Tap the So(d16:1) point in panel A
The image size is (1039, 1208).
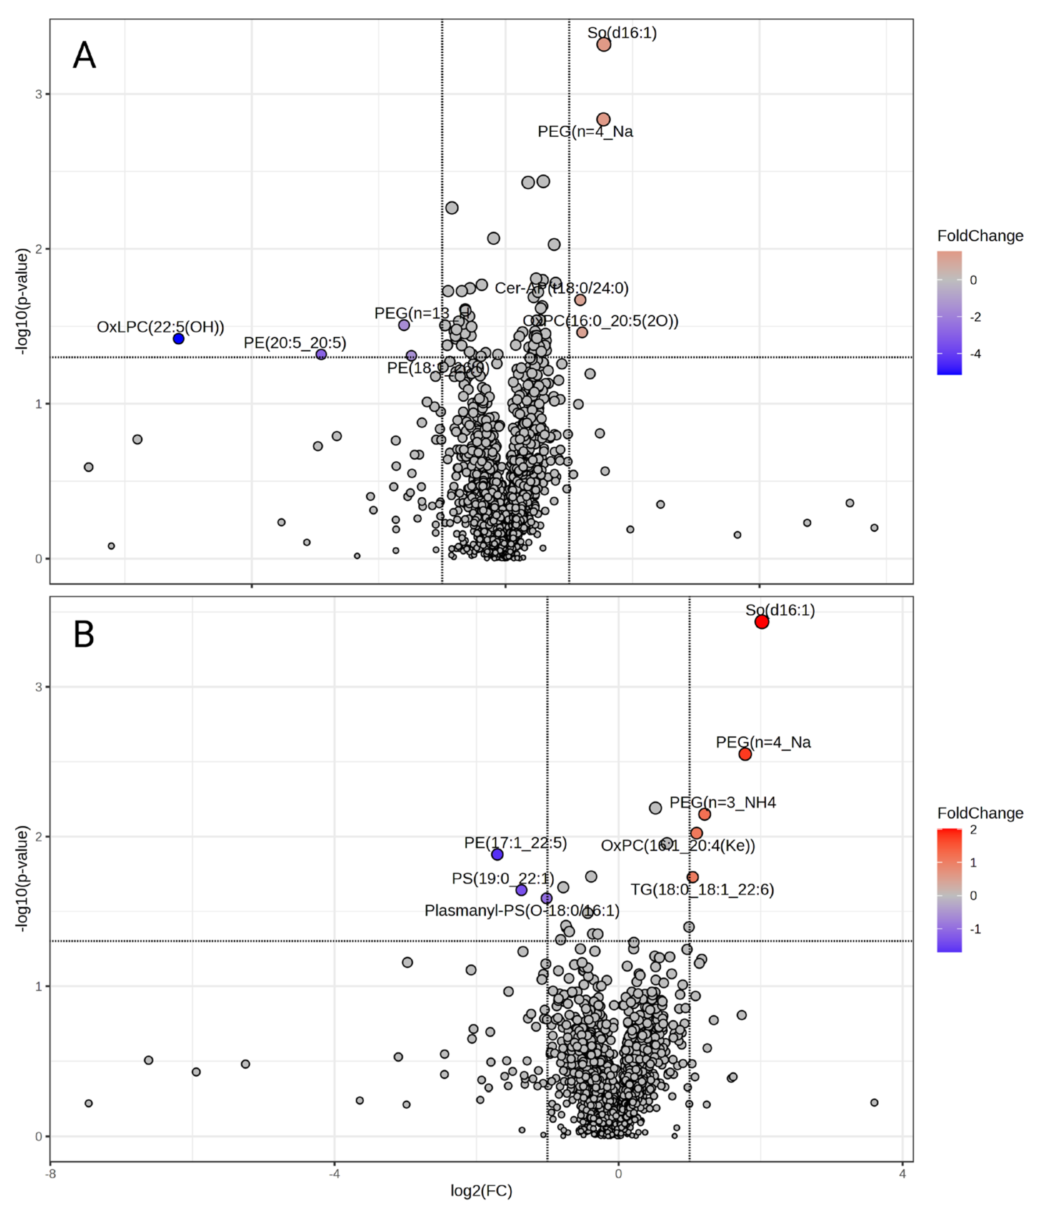click(604, 44)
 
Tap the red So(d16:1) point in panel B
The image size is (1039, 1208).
click(762, 622)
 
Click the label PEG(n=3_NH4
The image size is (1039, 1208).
click(722, 803)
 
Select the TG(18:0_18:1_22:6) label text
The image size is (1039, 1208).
click(702, 890)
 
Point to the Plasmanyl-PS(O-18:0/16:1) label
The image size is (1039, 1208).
click(522, 911)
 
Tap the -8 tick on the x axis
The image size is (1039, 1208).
click(51, 1173)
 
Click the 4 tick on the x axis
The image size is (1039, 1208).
click(903, 1173)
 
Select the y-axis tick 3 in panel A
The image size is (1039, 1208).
click(39, 94)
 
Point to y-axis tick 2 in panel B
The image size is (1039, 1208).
click(39, 836)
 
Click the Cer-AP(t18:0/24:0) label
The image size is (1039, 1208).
click(561, 288)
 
